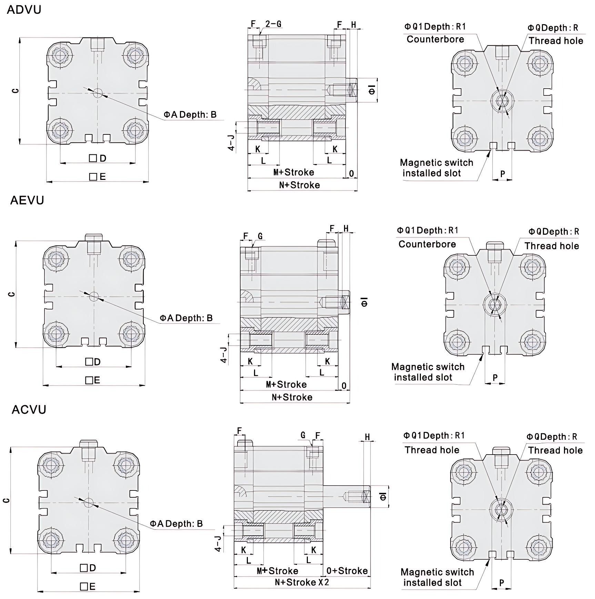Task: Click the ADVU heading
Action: [x=24, y=9]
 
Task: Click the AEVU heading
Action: [x=27, y=200]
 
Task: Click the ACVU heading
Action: [x=29, y=409]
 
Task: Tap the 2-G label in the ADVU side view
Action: [x=273, y=24]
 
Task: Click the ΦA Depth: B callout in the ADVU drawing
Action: [x=190, y=114]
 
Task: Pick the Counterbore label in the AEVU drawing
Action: [x=427, y=244]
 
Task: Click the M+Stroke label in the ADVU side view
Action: [x=294, y=172]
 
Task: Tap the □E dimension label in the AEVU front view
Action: [x=93, y=380]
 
